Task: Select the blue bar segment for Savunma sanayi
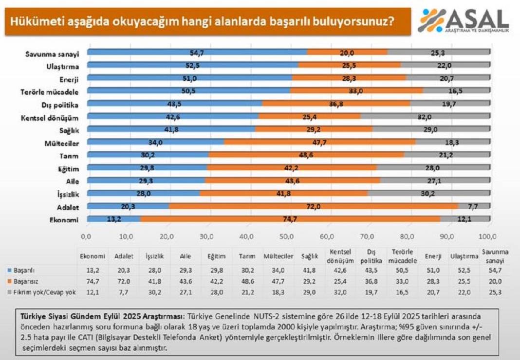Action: [197, 52]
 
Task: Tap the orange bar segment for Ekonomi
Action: [290, 219]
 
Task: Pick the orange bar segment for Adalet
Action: [314, 206]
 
